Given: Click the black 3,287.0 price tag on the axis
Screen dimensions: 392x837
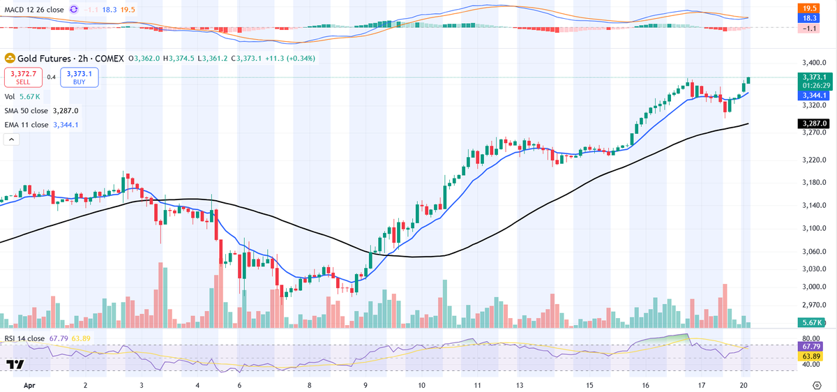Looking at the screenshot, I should pos(814,123).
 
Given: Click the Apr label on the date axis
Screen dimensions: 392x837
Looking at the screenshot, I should pos(29,384).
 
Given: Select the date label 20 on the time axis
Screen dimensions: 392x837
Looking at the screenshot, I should pos(746,384).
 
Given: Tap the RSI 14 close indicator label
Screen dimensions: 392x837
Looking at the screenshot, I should pos(25,338).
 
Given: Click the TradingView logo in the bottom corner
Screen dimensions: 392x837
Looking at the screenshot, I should pos(15,365).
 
